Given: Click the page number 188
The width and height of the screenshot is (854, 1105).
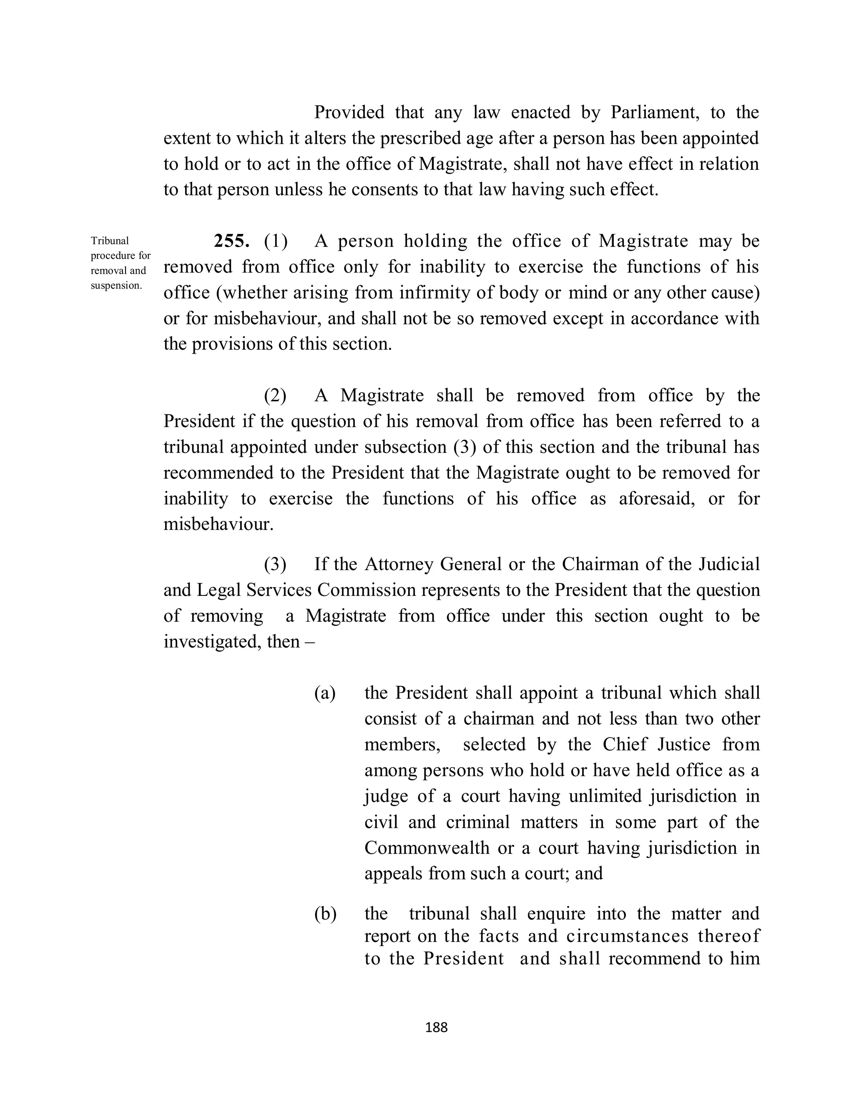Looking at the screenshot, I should click(x=437, y=1027).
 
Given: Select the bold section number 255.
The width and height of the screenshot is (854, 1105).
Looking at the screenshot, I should click(x=231, y=241).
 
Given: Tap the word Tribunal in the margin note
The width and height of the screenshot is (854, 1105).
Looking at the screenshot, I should click(x=110, y=241).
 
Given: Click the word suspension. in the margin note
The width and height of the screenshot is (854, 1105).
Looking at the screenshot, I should click(x=116, y=285).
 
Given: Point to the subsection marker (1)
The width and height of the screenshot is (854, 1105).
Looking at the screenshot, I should click(x=276, y=241).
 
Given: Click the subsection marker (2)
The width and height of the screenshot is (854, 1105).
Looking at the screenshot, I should click(x=275, y=395).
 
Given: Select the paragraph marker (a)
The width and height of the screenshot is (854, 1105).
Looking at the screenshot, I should click(x=325, y=693).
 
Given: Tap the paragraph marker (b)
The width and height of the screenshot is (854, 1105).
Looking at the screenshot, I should click(x=325, y=914).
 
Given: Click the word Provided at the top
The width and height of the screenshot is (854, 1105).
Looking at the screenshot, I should click(x=349, y=112).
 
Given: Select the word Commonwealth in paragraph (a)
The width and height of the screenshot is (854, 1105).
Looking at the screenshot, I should click(x=427, y=847).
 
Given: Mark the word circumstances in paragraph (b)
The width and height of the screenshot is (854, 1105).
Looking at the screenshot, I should click(x=627, y=936).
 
